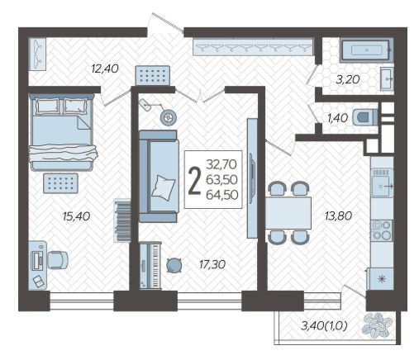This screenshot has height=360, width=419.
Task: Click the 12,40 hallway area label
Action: [105, 69]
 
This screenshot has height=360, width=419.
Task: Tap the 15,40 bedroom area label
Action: [76, 216]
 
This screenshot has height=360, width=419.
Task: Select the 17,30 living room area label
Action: [212, 264]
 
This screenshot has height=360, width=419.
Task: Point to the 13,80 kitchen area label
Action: [338, 216]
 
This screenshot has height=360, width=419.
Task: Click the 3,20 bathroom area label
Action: [348, 79]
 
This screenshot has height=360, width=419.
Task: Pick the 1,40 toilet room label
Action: [337, 118]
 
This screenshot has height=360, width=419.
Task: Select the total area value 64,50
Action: [222, 195]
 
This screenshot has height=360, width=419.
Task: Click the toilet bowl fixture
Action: [365, 117]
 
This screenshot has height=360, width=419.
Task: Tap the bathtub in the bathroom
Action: [365, 50]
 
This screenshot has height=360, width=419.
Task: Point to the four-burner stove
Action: [382, 230]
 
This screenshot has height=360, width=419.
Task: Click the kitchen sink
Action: [382, 183]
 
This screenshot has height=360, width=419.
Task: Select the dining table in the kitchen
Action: [288, 213]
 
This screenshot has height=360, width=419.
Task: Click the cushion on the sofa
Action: [164, 187]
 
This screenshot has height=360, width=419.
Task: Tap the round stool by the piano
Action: [174, 265]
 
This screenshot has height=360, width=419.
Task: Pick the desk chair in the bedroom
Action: [58, 260]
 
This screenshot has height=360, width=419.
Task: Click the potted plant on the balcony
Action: [377, 325]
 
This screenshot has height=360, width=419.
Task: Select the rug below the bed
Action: [61, 183]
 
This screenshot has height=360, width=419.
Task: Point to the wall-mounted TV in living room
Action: [252, 178]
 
